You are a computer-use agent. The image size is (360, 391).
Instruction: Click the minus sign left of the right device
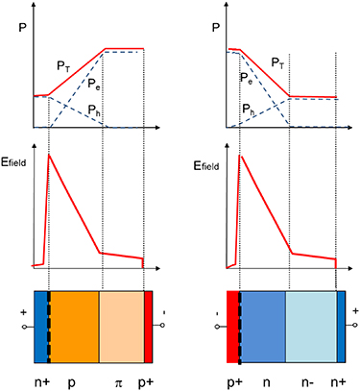[x=217, y=313]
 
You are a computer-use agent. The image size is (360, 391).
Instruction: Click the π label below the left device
[x=119, y=382]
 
